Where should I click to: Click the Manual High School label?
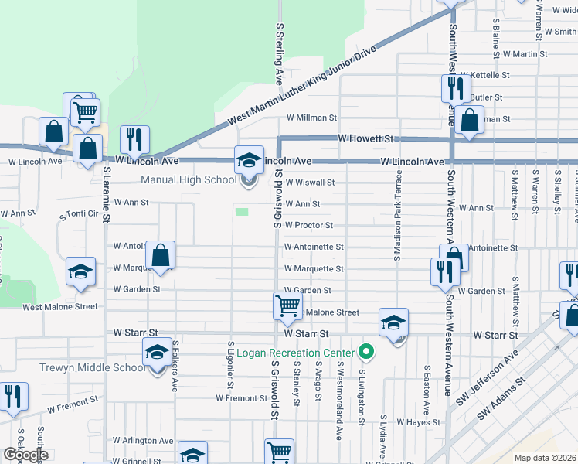click(x=189, y=180)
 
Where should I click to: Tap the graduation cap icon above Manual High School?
click(x=249, y=160)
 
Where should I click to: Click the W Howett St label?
click(x=366, y=138)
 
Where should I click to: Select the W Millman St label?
click(x=311, y=118)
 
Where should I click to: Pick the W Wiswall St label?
click(x=309, y=183)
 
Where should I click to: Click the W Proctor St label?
click(x=308, y=226)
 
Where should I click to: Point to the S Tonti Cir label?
click(x=81, y=213)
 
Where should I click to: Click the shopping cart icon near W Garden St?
click(x=287, y=305)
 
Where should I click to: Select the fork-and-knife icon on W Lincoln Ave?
click(x=135, y=140)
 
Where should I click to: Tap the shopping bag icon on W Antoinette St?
click(x=160, y=255)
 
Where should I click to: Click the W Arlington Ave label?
click(x=143, y=441)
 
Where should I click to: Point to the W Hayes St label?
click(x=418, y=422)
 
